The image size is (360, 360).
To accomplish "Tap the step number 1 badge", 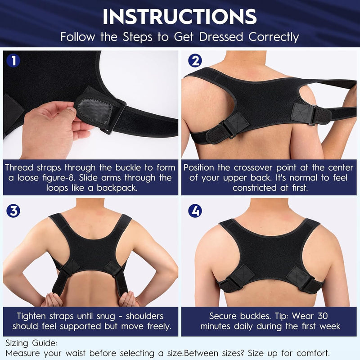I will [13, 60].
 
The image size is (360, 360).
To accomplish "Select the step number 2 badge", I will [194, 60].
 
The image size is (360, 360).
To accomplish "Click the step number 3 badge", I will [13, 210].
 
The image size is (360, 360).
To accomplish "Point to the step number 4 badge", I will [194, 210].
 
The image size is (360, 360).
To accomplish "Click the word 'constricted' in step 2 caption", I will [253, 188].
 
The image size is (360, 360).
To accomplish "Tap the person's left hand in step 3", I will [52, 299].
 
